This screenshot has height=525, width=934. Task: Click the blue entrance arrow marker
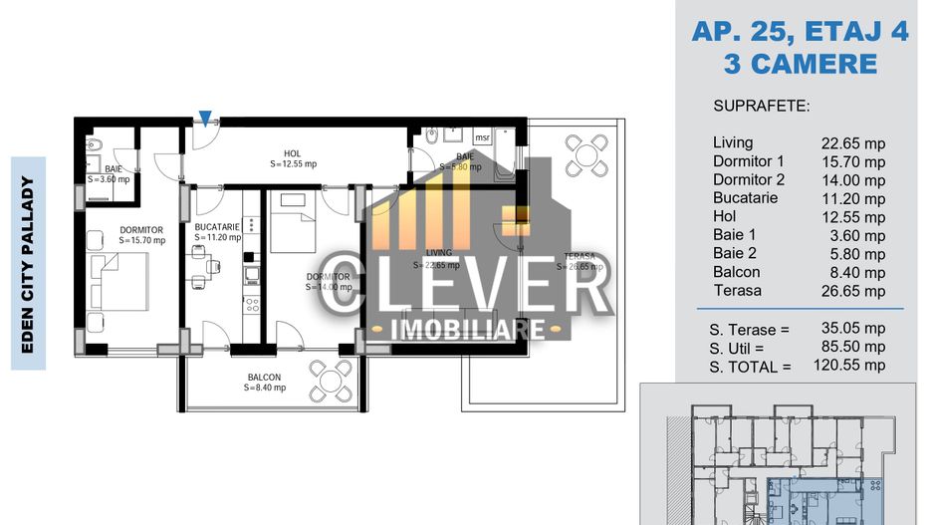point(204,119)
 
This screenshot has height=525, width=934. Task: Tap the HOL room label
point(292,153)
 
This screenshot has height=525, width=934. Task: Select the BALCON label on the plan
point(264,377)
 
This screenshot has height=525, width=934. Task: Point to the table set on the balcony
point(329,378)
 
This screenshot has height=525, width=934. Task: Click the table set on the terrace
point(580,153)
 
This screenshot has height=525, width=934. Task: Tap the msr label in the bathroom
point(481,137)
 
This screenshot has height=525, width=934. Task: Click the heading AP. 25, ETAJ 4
point(800,32)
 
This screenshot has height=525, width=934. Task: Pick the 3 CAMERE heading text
point(800,64)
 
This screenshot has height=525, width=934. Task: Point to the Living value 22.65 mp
point(852,143)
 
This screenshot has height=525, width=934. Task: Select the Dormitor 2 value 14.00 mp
point(852,180)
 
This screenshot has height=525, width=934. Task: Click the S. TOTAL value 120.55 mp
point(852,366)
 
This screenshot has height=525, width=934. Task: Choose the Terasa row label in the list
point(738,291)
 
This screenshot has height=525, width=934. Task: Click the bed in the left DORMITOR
point(120,282)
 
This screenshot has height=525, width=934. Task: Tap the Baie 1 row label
point(736,235)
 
